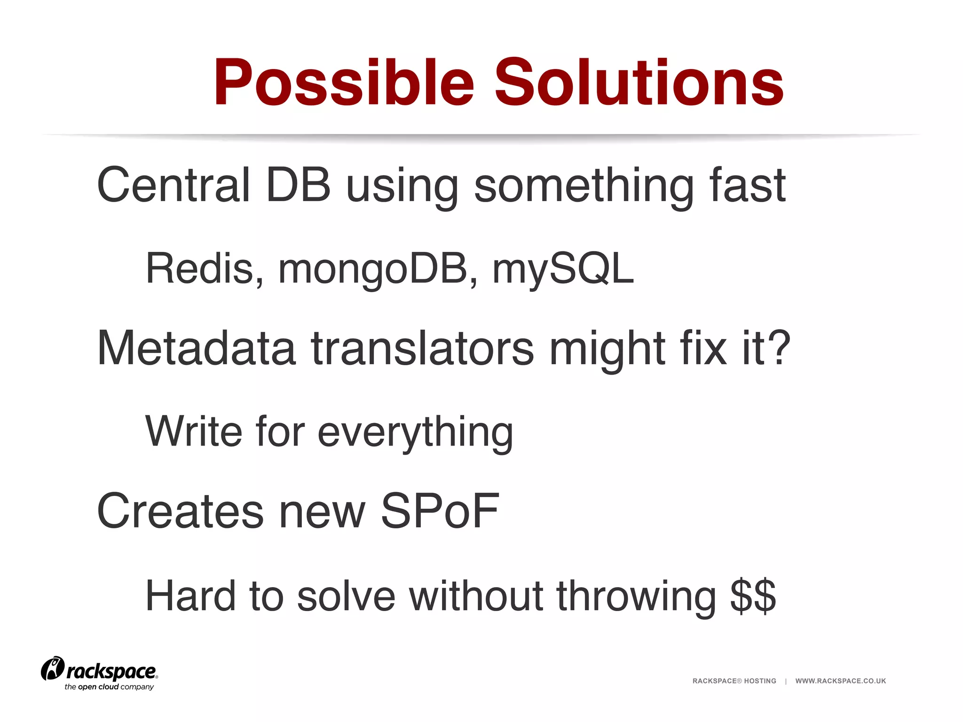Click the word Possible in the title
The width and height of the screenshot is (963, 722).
click(x=343, y=83)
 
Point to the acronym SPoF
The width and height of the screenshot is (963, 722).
click(x=440, y=511)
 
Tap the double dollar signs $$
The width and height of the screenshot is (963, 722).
click(x=753, y=596)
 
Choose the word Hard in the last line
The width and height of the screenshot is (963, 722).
click(x=190, y=596)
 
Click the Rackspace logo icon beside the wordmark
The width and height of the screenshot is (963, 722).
click(x=52, y=668)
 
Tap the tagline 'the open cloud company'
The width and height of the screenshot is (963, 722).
click(x=109, y=687)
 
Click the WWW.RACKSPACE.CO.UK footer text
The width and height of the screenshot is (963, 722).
click(x=840, y=681)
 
